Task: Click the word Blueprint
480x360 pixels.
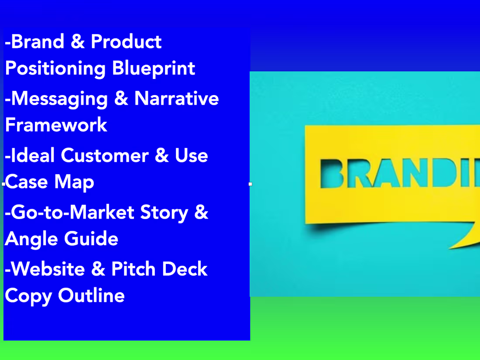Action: coord(154,69)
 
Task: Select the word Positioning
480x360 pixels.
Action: coord(55,69)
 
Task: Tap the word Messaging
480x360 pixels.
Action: coord(59,99)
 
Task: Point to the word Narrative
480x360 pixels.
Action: coord(176,98)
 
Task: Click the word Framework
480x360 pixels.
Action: coord(56,125)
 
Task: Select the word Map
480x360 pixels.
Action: coord(75,182)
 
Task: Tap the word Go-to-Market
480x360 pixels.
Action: coord(72,213)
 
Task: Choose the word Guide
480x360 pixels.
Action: coord(91,239)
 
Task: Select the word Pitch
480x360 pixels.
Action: coord(133,269)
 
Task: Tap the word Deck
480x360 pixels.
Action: coord(185,269)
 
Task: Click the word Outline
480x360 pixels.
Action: coord(92,295)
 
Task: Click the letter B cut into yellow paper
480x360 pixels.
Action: coord(334,174)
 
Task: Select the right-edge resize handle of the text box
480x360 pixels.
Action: coord(250,184)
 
